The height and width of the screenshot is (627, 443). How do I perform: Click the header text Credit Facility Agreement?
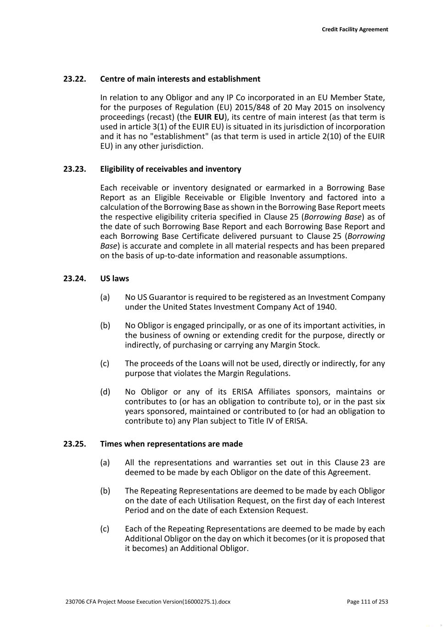354,29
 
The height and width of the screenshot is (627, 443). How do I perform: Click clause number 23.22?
74,79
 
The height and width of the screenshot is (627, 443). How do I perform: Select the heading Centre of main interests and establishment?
180,79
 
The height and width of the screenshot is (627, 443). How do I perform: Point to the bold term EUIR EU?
209,117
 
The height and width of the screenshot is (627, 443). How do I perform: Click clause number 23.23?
74,169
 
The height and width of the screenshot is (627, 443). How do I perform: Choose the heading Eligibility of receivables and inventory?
170,169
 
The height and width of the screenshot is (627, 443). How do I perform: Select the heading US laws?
114,279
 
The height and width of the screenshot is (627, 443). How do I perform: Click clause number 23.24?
74,279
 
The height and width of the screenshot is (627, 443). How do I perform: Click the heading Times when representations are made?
171,444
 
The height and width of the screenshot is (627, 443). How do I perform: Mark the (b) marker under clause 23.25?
105,491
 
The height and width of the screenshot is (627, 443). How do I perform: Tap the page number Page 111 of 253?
367,602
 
